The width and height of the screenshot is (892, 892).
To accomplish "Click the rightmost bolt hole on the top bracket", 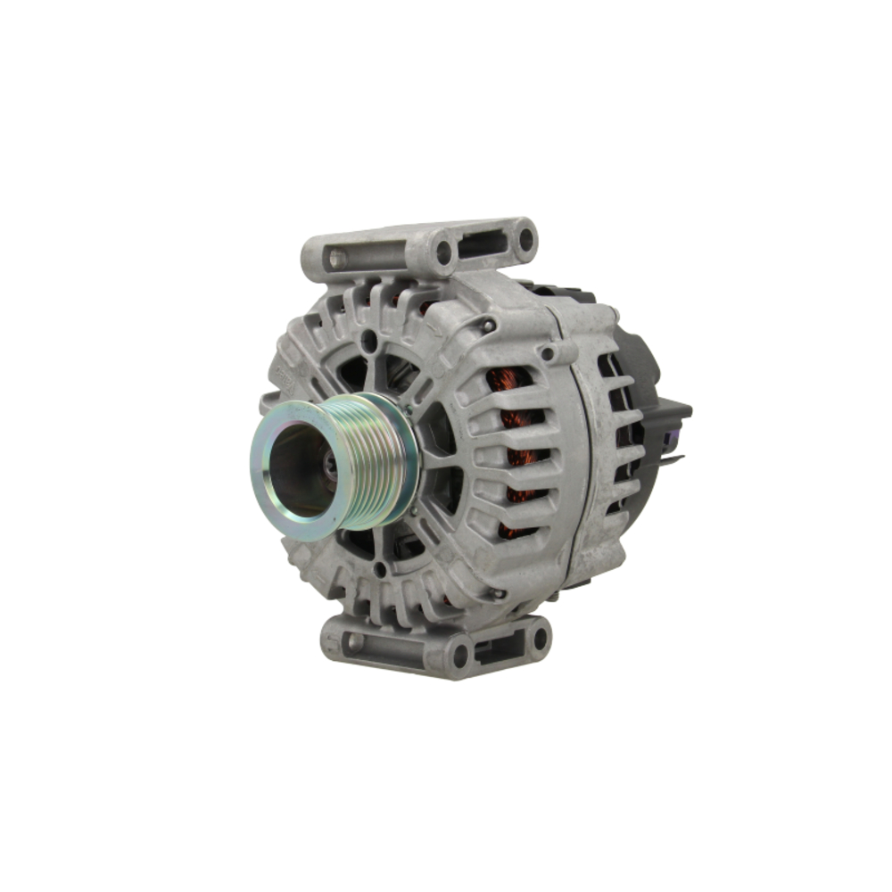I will click(x=525, y=239).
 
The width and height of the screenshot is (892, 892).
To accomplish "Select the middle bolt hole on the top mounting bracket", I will click(x=443, y=252).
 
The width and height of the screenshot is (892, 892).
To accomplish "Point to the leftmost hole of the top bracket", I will click(x=336, y=260).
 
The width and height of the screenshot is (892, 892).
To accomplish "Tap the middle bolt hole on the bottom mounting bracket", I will click(x=460, y=655).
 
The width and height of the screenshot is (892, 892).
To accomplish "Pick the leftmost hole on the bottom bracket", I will click(x=354, y=641).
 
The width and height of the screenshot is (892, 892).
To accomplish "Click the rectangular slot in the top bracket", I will click(x=482, y=244).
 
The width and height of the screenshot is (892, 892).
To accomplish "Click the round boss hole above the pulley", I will click(x=368, y=340).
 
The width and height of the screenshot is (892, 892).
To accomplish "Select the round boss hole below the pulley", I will click(x=381, y=567).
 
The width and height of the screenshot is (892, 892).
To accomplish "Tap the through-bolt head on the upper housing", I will click(x=487, y=326).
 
